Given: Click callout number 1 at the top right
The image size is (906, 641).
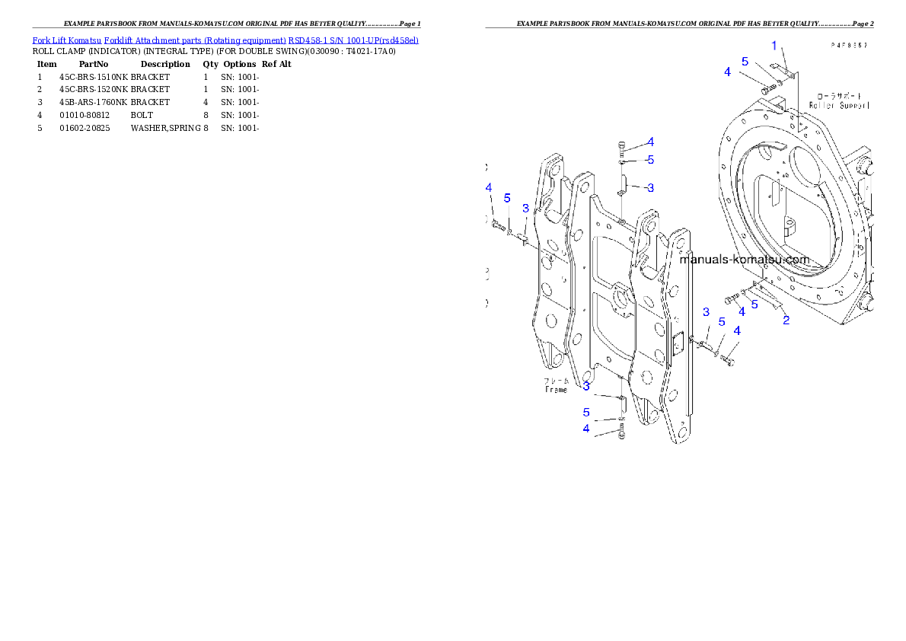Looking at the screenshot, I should coord(774,46).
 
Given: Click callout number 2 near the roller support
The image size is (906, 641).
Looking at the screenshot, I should coord(786,320).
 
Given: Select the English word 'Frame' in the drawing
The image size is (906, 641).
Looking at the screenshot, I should coord(556,390).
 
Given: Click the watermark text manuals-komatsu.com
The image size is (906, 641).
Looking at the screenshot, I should coord(744,260).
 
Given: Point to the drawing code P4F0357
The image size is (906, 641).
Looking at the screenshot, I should coord(849,46).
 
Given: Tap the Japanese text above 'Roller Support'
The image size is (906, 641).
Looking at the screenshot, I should coord(838,97).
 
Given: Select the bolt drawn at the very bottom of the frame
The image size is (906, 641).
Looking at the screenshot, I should coord(622,435).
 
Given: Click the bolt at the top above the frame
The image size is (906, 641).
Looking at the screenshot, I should coord(622,147).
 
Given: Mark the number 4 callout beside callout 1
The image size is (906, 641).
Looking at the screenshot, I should coord(728,72).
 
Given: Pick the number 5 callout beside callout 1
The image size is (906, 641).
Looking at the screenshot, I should coord(745,61).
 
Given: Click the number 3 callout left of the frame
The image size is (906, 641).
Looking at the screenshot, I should coord(525,209).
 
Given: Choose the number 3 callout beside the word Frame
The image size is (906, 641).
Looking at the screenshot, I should coord(586,387).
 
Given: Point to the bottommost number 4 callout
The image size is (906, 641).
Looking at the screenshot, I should coord(586,429).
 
